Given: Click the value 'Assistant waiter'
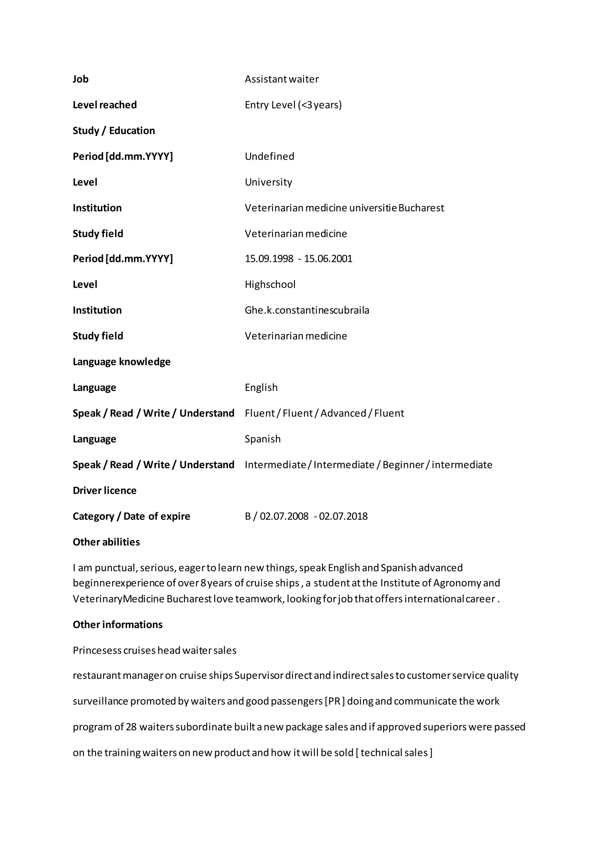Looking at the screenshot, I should (282, 79).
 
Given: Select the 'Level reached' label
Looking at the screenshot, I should (105, 105).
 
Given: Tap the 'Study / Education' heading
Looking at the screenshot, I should (114, 131).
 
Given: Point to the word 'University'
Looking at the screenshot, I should (268, 182).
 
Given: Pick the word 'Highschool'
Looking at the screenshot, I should (270, 285).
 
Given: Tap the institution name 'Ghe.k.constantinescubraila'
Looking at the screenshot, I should (307, 310).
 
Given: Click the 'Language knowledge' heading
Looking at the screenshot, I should (121, 362).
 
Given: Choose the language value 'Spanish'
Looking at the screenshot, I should (262, 439).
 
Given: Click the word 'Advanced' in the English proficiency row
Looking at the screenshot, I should (343, 413).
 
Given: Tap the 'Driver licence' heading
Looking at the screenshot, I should (104, 490).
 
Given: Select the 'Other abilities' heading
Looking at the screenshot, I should (106, 542).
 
